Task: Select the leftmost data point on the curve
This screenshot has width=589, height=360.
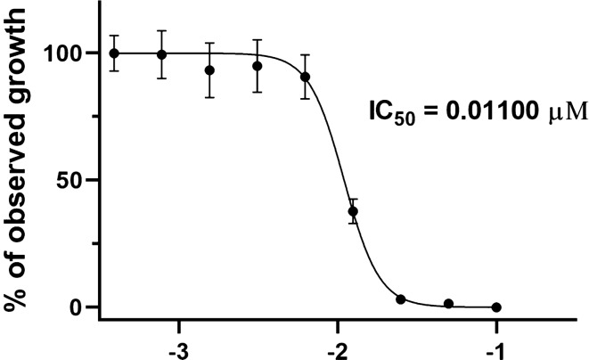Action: (x=114, y=53)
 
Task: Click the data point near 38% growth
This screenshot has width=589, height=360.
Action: (x=353, y=212)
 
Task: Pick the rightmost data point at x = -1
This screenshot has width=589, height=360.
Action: (x=496, y=307)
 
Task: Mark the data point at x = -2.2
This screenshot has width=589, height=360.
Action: (x=306, y=77)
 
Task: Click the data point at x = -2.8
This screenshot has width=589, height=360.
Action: (x=209, y=70)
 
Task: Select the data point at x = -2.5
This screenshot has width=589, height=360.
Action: (x=258, y=66)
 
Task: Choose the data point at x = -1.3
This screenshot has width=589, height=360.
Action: (x=448, y=304)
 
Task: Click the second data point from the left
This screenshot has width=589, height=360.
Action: (x=161, y=54)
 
